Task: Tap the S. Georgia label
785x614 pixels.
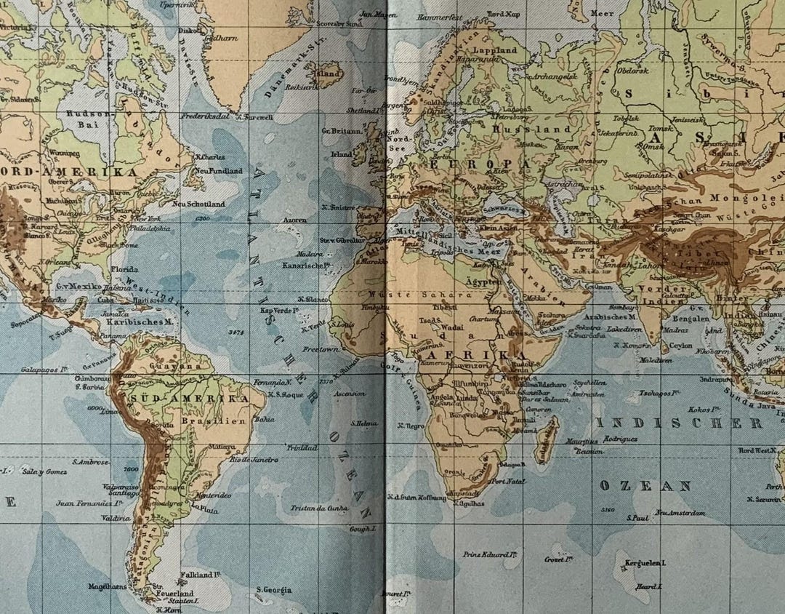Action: click(274, 589)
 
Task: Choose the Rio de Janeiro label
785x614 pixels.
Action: click(254, 459)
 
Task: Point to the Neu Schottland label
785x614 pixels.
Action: click(198, 204)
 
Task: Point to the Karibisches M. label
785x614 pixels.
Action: click(138, 321)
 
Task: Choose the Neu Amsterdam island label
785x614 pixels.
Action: click(679, 513)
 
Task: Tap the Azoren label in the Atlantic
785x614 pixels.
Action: click(294, 219)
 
